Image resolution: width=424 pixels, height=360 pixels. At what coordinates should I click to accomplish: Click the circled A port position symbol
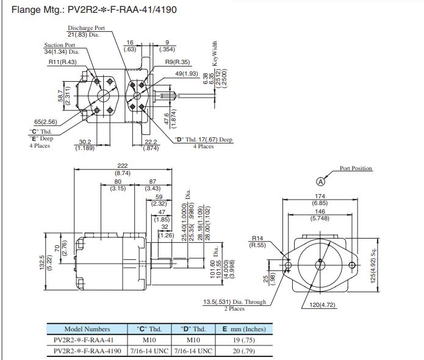pyautogui.click(x=320, y=181)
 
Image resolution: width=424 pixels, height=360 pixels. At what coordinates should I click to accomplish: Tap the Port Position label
pyautogui.click(x=356, y=168)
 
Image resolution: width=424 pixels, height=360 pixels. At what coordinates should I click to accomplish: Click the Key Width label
pyautogui.click(x=214, y=53)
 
